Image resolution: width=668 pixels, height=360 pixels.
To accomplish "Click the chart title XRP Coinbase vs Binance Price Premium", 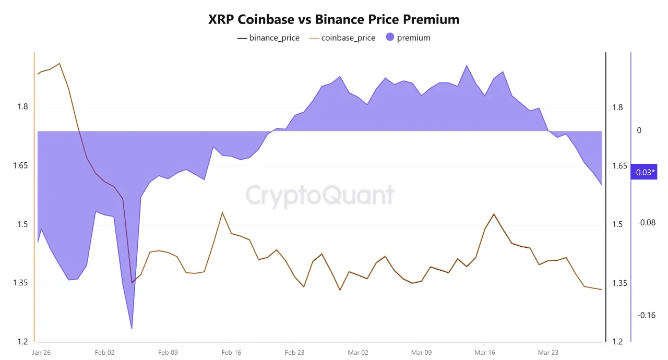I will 334,19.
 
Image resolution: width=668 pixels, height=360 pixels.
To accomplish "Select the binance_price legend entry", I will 268,38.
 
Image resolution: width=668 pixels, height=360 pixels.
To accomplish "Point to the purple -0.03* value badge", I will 643,172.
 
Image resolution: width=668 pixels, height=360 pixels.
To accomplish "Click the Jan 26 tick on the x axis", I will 41,353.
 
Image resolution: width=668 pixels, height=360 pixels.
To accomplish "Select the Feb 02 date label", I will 104,353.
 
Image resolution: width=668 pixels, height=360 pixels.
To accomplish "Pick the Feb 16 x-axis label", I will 231,353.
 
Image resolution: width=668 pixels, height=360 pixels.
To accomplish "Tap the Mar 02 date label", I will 358,353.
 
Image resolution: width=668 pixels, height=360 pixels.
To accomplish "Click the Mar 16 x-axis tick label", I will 485,353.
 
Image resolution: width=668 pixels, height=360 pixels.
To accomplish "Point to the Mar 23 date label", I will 548,353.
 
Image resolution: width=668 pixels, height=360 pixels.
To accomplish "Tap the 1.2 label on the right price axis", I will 618,342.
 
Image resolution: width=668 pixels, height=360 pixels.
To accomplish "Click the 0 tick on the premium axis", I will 639,130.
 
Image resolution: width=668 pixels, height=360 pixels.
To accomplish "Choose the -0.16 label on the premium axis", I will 646,315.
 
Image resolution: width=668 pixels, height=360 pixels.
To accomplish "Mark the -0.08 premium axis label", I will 646,222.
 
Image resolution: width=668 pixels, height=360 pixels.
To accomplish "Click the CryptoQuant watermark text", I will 320,195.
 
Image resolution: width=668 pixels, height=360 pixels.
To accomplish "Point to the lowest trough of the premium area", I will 132,328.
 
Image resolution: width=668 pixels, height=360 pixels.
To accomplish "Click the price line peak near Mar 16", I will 494,214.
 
